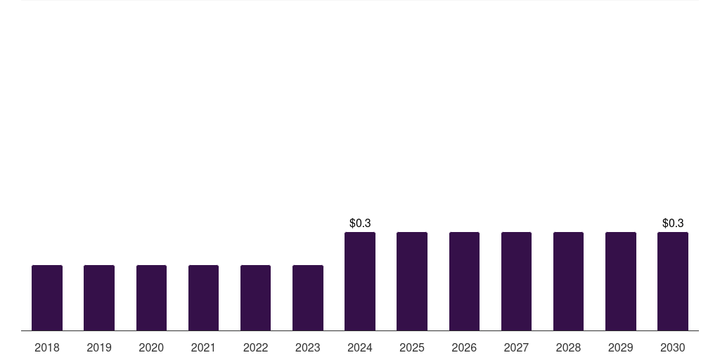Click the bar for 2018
click(47, 297)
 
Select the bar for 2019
click(99, 297)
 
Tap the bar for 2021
click(203, 297)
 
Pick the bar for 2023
click(308, 297)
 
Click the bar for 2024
click(360, 281)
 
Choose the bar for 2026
click(464, 281)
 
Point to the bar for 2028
click(568, 281)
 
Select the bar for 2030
click(673, 281)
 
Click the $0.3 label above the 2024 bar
click(360, 223)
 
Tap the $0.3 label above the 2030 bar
click(673, 223)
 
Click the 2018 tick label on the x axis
click(47, 347)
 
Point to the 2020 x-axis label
click(151, 347)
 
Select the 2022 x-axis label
click(255, 347)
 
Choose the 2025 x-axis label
click(412, 347)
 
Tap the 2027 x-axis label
click(516, 347)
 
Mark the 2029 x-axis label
click(621, 347)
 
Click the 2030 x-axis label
click(673, 347)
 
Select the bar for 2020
click(151, 297)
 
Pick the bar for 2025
click(412, 281)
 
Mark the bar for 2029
click(621, 281)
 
